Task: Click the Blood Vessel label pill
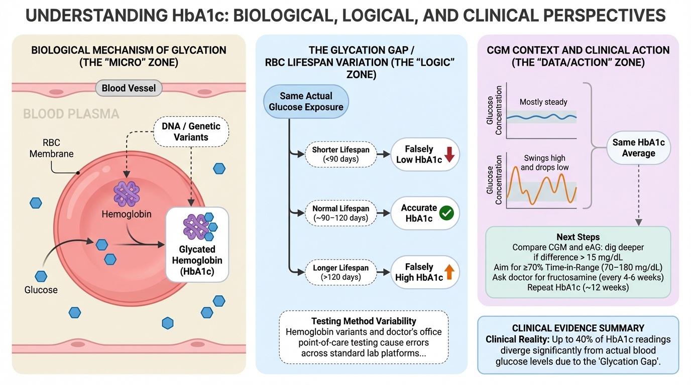point(129,89)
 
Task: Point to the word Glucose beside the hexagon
point(41,290)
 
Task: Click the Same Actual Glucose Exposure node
point(306,101)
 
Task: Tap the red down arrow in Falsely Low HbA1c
point(449,155)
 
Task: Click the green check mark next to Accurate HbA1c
point(446,214)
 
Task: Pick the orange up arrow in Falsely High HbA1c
point(449,272)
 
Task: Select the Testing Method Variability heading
point(364,321)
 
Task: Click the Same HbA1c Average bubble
point(638,148)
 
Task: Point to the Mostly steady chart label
point(543,102)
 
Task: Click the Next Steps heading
point(578,237)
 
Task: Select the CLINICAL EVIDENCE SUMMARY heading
point(578,328)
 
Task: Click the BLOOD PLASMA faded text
point(71,114)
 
